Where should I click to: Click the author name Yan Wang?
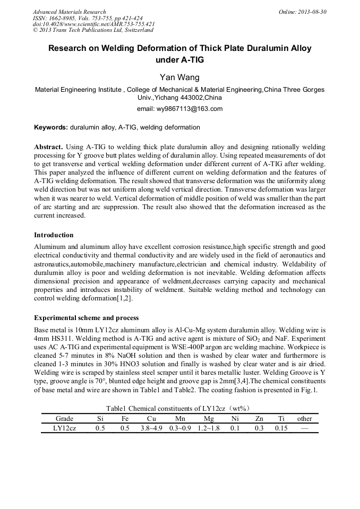coord(179,77)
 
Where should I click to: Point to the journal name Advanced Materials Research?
coord(70,12)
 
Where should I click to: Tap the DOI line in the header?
coord(93,24)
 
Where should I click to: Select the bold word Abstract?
coord(49,146)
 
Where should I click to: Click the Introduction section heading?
coord(54,235)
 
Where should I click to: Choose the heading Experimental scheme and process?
coord(86,318)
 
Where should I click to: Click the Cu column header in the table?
coord(151,418)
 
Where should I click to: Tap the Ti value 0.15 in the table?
coord(281,428)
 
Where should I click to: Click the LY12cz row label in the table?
coord(64,428)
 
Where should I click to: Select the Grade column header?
coord(64,418)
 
